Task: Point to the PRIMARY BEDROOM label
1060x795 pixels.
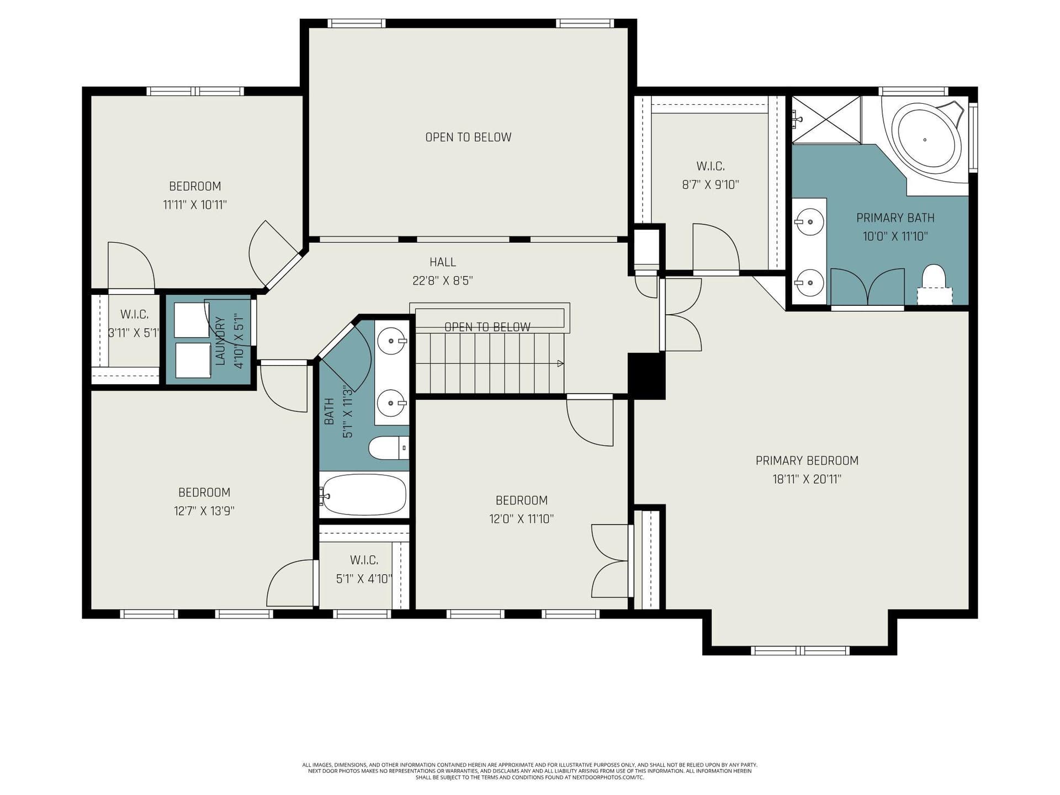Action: point(807,460)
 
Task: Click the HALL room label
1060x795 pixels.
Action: point(443,262)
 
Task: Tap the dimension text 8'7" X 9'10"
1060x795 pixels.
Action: point(711,185)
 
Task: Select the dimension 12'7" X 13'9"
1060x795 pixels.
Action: point(204,511)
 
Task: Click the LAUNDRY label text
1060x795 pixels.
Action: point(220,341)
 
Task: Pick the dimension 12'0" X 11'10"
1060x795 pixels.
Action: point(521,519)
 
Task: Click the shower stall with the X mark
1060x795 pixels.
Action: point(826,120)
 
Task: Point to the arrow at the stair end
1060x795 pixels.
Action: point(560,363)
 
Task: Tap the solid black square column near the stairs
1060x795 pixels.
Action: point(646,375)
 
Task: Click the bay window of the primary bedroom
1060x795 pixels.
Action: point(801,651)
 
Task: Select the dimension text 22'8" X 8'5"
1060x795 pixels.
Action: point(443,280)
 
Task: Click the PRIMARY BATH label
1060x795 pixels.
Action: point(895,218)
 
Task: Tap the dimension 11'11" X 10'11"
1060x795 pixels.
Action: point(195,205)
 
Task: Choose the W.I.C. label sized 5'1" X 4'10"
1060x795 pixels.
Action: point(364,560)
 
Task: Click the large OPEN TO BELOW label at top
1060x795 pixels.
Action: point(468,137)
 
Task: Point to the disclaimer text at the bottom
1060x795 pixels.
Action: point(530,771)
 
